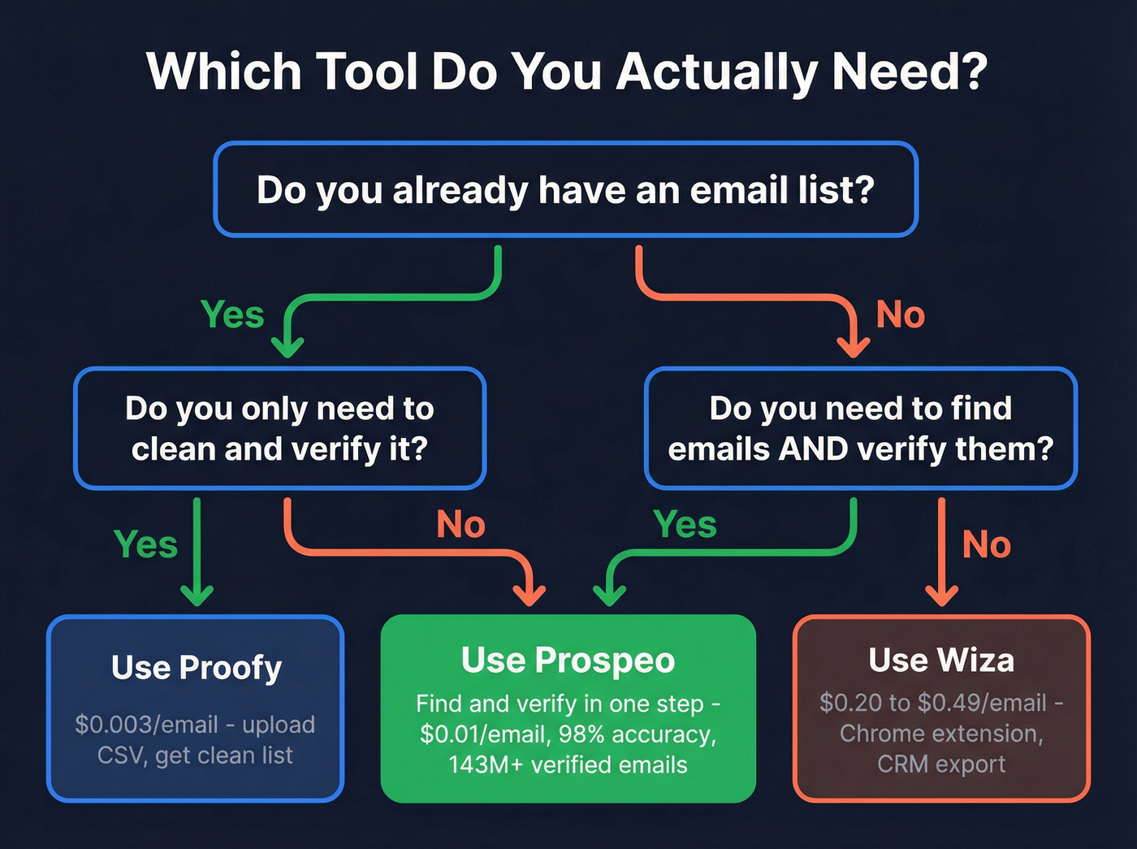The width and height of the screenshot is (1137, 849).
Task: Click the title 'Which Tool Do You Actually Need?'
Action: tap(567, 71)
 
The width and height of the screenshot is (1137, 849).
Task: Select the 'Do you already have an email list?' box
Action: tap(565, 190)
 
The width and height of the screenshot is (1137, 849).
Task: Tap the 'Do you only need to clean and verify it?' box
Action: tap(279, 428)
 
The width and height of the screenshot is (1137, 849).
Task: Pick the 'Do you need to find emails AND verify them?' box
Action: tap(860, 428)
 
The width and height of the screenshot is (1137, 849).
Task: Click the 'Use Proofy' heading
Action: tap(197, 667)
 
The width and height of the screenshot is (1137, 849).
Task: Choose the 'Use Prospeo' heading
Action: tap(568, 660)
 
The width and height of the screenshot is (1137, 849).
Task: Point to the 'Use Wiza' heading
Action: tap(941, 660)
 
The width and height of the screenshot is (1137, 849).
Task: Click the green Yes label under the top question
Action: tap(232, 314)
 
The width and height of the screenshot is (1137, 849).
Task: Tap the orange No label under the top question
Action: tap(900, 314)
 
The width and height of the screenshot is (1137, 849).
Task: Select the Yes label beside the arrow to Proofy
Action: tap(145, 544)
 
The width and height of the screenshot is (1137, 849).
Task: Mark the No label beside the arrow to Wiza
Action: tap(986, 544)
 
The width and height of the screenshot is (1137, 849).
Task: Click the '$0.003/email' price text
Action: tap(146, 724)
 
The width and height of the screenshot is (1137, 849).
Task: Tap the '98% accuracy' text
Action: tap(663, 734)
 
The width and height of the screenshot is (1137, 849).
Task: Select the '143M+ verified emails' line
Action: tap(568, 765)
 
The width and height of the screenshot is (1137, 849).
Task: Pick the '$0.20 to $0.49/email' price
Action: tap(933, 703)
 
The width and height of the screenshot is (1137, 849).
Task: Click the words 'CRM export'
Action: tap(941, 765)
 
